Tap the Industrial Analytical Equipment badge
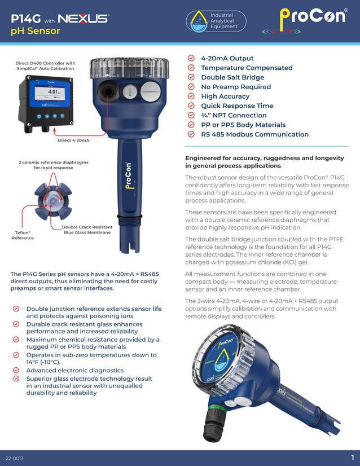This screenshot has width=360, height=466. pyautogui.click(x=217, y=21)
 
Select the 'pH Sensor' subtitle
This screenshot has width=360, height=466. pyautogui.click(x=36, y=31)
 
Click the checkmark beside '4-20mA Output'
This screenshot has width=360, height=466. pyautogui.click(x=190, y=59)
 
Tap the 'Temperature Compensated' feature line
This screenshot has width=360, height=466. pyautogui.click(x=247, y=68)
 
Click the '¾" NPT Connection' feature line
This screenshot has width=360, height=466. pyautogui.click(x=234, y=115)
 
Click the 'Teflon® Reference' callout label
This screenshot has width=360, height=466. pyautogui.click(x=23, y=235)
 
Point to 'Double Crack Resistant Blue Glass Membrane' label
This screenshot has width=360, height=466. pyautogui.click(x=87, y=230)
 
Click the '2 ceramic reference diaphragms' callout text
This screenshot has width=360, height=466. pyautogui.click(x=53, y=165)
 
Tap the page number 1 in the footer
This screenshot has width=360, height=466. pyautogui.click(x=352, y=457)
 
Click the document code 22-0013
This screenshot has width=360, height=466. pyautogui.click(x=15, y=458)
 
